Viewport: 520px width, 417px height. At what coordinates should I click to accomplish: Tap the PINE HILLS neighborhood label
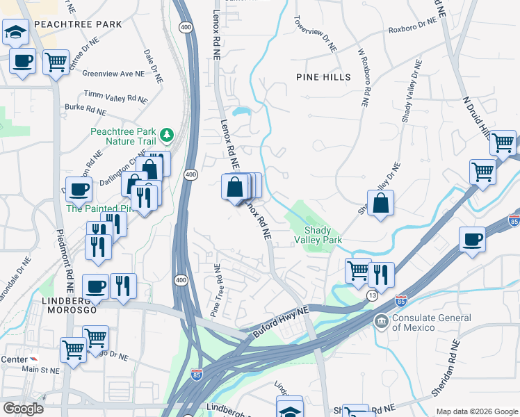pyautogui.click(x=323, y=76)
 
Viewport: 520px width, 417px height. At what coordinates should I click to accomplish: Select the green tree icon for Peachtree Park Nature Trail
pyautogui.click(x=166, y=133)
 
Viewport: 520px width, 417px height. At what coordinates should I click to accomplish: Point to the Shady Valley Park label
pyautogui.click(x=323, y=234)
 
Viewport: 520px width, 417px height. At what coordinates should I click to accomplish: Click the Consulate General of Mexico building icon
pyautogui.click(x=381, y=321)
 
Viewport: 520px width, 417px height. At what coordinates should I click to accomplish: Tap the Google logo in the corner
pyautogui.click(x=23, y=409)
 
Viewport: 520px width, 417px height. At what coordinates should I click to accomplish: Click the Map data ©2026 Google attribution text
pyautogui.click(x=476, y=411)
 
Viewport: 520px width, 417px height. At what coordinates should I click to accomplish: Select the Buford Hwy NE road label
pyautogui.click(x=279, y=323)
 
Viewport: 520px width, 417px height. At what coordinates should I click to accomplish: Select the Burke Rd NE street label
pyautogui.click(x=86, y=109)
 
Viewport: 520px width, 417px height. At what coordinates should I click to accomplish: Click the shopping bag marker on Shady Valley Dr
pyautogui.click(x=380, y=204)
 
